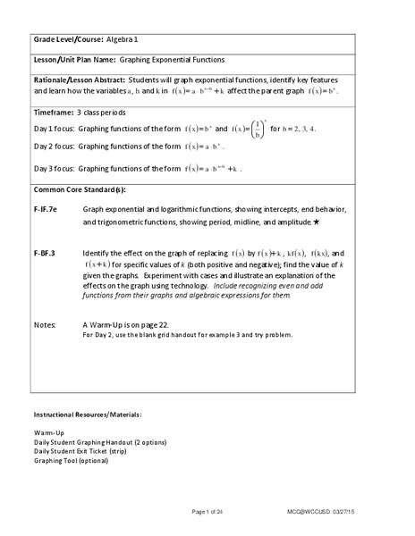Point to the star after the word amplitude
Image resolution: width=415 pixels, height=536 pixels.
(x=318, y=220)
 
